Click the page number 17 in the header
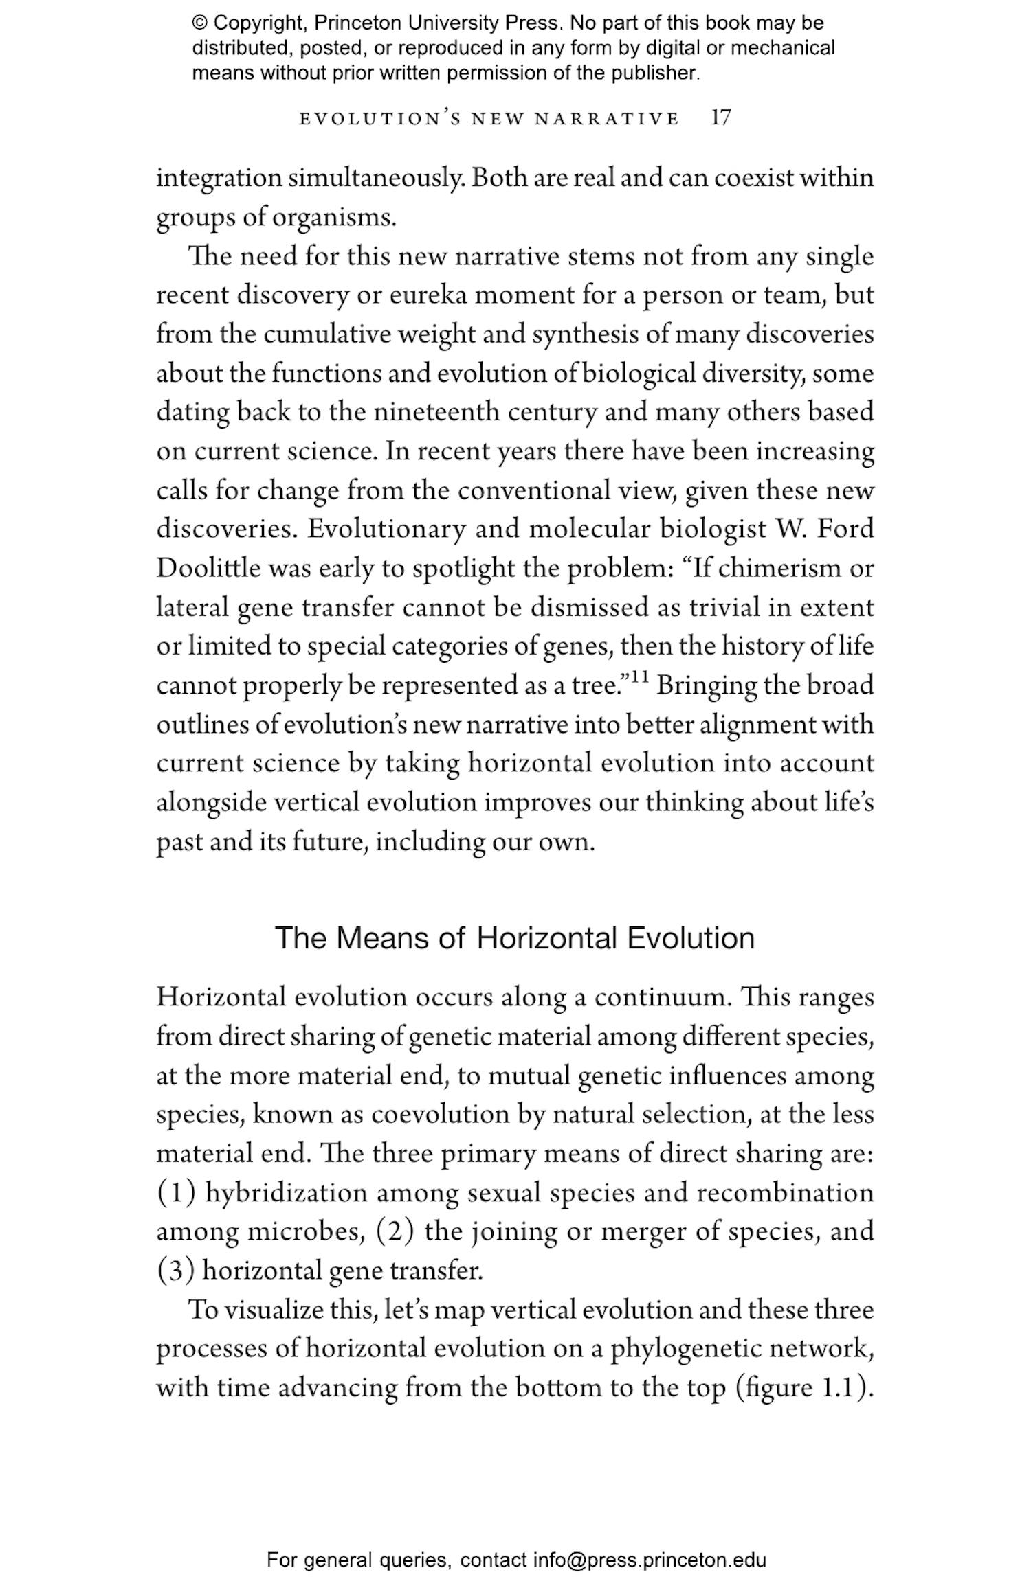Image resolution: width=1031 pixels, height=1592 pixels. point(720,118)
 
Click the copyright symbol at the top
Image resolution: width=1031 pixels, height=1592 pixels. point(199,23)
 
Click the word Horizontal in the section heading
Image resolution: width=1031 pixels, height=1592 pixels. point(546,938)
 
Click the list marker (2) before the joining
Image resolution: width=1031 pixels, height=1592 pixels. point(395,1232)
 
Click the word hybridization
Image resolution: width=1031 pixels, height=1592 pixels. point(287,1193)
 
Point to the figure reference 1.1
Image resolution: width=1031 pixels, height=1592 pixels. point(837,1388)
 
